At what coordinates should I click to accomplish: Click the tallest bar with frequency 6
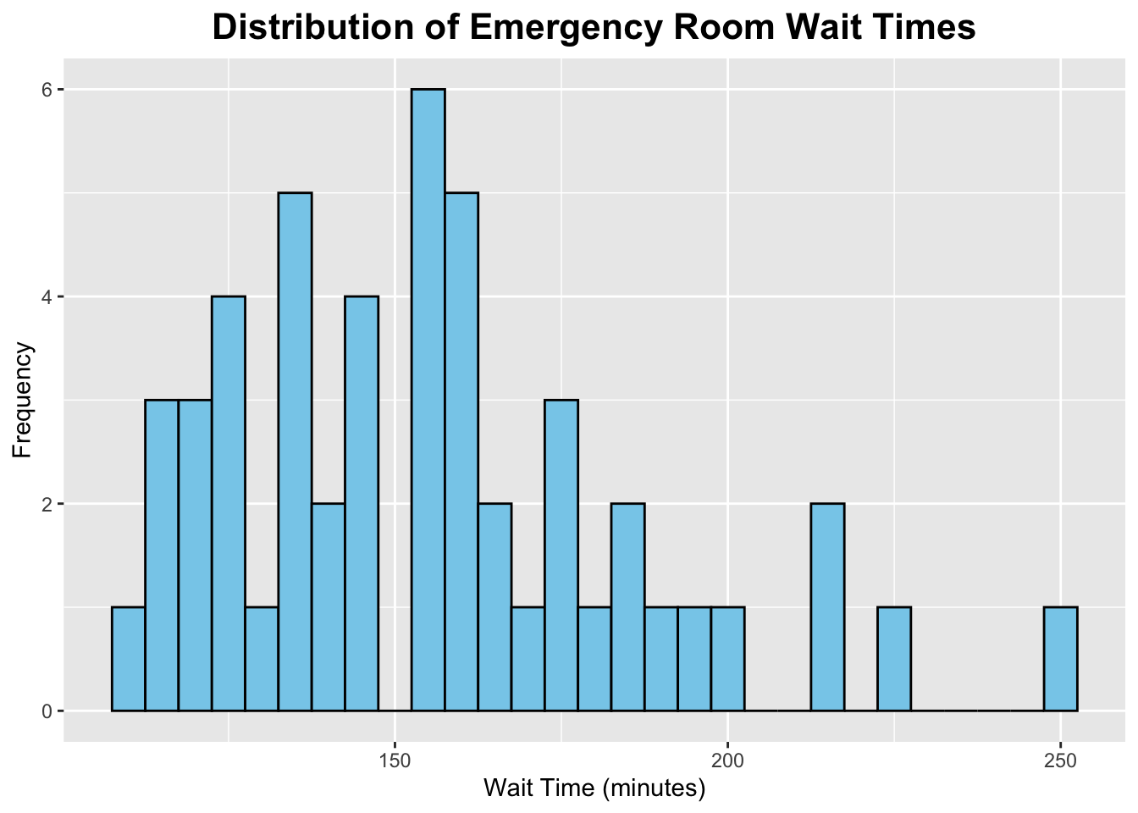(x=428, y=400)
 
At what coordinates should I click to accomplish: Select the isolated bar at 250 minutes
(x=1060, y=659)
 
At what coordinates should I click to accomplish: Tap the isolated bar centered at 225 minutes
(x=894, y=659)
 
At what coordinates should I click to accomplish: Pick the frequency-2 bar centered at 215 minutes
(x=827, y=607)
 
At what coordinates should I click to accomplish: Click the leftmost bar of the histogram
(x=128, y=659)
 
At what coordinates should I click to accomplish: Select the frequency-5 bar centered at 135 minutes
(x=295, y=451)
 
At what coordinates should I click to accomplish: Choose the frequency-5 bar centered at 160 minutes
(x=461, y=451)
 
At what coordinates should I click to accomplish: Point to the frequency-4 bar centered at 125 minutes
(x=229, y=503)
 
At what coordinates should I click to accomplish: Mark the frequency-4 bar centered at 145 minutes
(x=362, y=503)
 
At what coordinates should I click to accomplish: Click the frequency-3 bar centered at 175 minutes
(x=561, y=555)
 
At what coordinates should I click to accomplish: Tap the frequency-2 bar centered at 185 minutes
(x=627, y=607)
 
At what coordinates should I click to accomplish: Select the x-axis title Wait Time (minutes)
(x=594, y=788)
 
